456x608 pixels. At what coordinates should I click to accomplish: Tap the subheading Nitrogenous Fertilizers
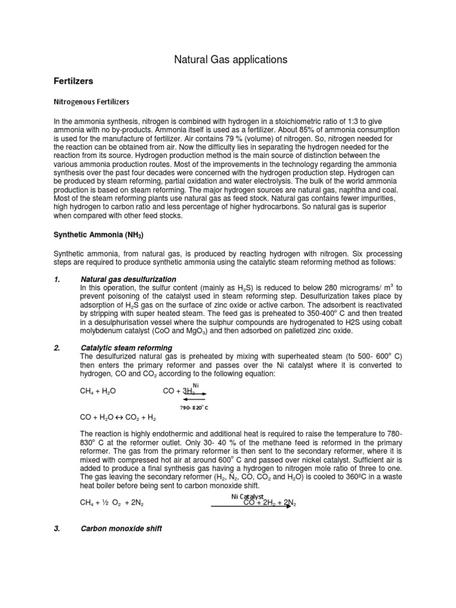tap(92, 102)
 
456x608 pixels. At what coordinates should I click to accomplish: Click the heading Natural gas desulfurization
tap(128, 279)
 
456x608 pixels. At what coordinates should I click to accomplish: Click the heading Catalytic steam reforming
tap(126, 348)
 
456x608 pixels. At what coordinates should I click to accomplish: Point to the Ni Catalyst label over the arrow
tap(247, 496)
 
